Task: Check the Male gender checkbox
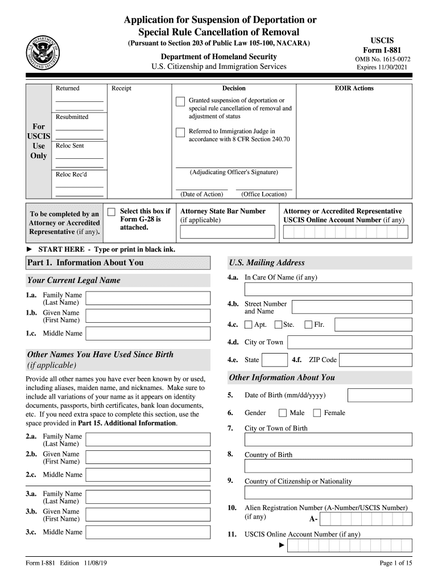coord(283,413)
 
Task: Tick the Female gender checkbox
coord(317,413)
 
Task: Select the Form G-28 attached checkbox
coord(111,211)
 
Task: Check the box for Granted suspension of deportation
coord(180,101)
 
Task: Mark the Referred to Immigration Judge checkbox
coord(180,132)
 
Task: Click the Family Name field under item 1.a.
coord(150,299)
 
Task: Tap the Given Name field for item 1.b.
coord(150,317)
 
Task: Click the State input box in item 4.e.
coord(275,360)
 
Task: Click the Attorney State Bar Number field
coord(227,232)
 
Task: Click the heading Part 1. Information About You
coord(85,262)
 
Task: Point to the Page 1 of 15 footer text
coord(395,564)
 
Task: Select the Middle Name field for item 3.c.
coord(150,533)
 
